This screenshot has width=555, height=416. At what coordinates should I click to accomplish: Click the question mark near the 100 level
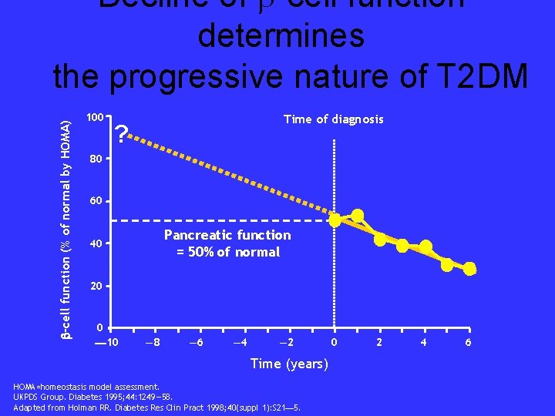pos(121,137)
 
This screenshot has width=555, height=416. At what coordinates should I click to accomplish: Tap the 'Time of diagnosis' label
pos(333,119)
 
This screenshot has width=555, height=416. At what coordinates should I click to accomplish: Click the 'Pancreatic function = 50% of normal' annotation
pos(227,243)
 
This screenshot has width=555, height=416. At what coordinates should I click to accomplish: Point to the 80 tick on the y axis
pos(95,160)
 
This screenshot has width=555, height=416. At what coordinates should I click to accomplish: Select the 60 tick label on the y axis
pos(95,202)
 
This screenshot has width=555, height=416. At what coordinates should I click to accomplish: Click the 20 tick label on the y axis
pos(95,286)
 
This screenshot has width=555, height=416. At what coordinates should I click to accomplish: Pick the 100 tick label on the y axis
pos(94,118)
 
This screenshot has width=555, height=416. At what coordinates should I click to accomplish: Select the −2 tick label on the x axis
pos(285,341)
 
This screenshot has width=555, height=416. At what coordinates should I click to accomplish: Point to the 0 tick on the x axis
pos(334,341)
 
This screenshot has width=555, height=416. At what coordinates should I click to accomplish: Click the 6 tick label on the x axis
pos(469,341)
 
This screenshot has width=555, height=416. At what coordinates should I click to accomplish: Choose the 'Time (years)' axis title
pos(290,364)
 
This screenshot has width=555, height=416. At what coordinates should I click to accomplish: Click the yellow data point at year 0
pos(335,220)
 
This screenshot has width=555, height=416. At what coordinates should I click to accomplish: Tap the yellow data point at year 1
pos(357,215)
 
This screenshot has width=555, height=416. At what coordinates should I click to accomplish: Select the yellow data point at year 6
pos(469,269)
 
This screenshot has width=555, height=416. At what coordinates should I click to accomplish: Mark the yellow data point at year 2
pos(379,240)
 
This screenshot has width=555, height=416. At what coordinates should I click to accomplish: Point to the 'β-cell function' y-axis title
pos(67,223)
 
